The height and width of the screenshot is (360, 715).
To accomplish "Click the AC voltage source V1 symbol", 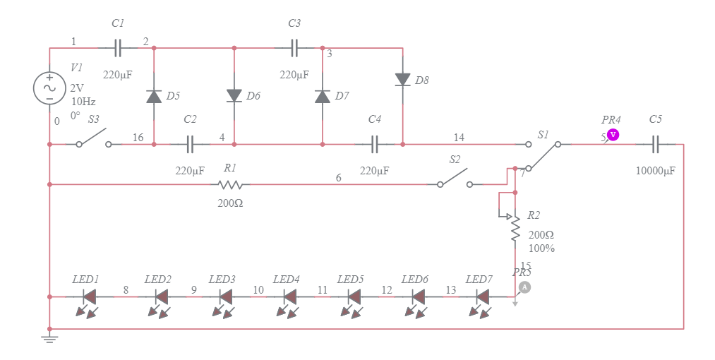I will click(x=50, y=88).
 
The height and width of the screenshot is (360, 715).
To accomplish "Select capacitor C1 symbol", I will click(x=118, y=48).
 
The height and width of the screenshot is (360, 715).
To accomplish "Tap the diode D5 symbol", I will click(x=154, y=96).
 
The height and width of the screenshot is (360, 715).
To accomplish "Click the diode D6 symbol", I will click(x=234, y=95).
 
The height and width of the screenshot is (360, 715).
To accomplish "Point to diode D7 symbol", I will click(x=323, y=96).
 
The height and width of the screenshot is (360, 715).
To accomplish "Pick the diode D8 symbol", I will click(x=402, y=80).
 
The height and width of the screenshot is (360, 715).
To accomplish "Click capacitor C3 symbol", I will click(x=295, y=48).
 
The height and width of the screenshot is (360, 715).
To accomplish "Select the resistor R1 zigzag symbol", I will click(x=230, y=185).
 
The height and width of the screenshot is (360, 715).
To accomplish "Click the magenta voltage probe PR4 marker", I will click(x=613, y=134).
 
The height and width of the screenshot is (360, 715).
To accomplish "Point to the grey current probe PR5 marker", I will click(x=524, y=287).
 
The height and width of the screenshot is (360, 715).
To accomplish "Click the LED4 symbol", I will click(x=289, y=297).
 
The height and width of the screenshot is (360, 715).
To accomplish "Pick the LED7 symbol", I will click(x=483, y=297).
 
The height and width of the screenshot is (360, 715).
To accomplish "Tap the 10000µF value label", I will click(x=656, y=171).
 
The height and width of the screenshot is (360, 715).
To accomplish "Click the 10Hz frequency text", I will click(x=83, y=102).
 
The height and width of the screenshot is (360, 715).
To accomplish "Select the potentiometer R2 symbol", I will click(x=515, y=227).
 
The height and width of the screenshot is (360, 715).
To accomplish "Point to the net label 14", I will click(x=459, y=137).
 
